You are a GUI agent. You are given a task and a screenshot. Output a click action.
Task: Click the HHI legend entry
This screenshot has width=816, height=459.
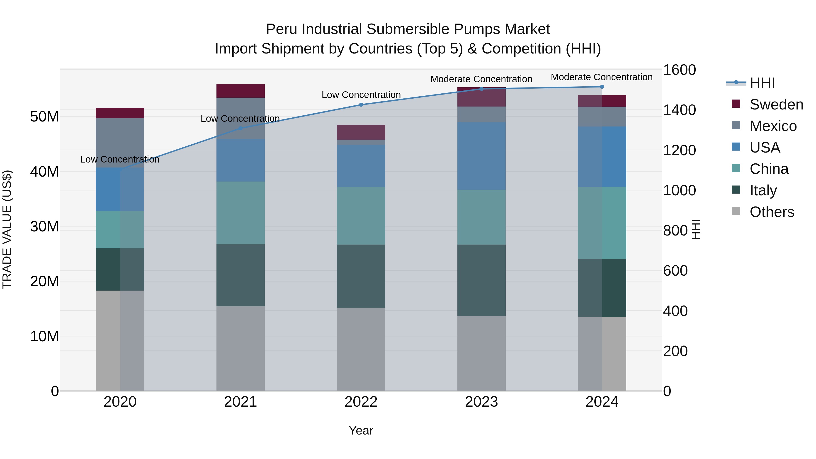(762, 83)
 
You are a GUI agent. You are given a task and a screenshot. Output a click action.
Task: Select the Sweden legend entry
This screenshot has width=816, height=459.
(776, 104)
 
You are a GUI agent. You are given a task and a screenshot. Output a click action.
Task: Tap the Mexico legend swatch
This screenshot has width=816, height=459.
(736, 125)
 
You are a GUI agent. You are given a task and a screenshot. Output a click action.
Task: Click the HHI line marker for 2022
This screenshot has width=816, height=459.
(361, 105)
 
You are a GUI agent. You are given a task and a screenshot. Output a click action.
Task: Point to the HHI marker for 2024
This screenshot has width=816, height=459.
(602, 87)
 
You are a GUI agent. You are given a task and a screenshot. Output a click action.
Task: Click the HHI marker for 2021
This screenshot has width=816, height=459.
(240, 128)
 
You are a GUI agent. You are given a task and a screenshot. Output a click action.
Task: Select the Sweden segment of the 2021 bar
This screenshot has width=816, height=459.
(240, 91)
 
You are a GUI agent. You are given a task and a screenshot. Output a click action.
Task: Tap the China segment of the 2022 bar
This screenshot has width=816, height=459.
(361, 216)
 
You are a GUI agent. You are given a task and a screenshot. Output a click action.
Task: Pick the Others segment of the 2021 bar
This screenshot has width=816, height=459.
(240, 348)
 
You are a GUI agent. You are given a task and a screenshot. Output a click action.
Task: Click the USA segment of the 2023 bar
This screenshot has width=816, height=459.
(481, 156)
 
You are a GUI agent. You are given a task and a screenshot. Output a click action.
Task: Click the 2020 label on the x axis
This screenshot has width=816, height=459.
(120, 402)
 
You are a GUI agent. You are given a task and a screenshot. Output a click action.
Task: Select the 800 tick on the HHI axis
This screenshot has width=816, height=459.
(675, 231)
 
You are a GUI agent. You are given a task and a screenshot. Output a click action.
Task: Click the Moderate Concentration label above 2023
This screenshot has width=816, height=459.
(481, 79)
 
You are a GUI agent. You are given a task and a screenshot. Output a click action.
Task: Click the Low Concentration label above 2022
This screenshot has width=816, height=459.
(361, 95)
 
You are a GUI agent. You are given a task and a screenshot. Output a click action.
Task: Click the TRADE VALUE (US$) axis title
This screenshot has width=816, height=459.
(7, 229)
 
